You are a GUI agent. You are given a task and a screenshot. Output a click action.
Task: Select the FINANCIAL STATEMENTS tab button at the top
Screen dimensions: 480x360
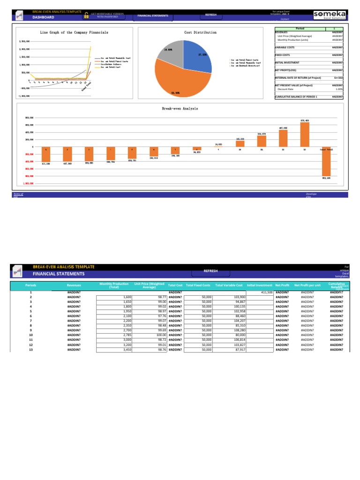point(153,15)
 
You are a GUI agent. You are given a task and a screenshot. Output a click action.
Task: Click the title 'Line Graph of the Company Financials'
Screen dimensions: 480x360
point(74,33)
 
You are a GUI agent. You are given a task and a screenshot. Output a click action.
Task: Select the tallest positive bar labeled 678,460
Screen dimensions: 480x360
point(305,135)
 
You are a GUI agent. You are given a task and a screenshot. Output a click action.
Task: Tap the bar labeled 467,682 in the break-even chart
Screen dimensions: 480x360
point(283,138)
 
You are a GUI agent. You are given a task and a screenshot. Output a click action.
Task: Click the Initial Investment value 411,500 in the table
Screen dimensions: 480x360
point(263,292)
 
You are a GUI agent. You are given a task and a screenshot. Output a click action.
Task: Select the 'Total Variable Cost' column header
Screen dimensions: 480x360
point(229,285)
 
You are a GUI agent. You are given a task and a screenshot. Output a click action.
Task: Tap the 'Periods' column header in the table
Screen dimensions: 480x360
point(31,285)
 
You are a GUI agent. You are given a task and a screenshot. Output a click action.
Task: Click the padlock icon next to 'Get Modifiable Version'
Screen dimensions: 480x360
point(86,15)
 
